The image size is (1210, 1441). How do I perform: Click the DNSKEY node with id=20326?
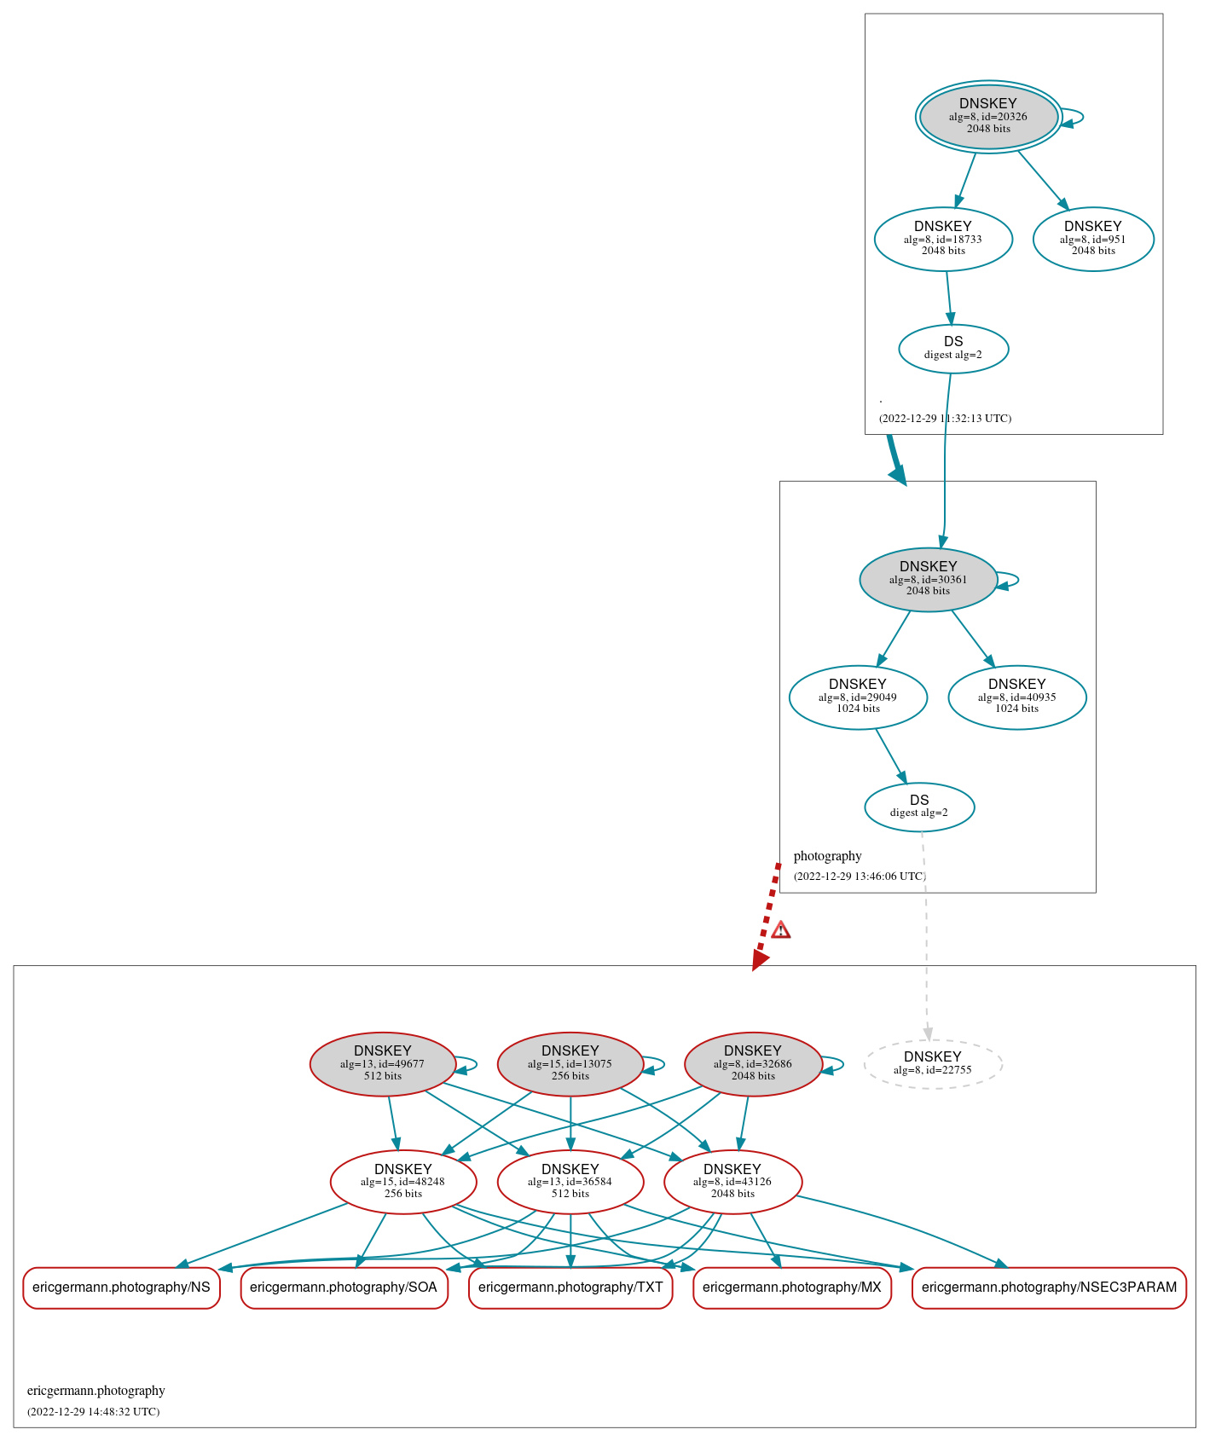pos(988,117)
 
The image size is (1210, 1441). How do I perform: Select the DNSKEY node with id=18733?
pos(943,240)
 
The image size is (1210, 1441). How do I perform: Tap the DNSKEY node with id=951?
pos(1093,240)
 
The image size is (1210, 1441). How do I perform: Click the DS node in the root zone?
pos(953,349)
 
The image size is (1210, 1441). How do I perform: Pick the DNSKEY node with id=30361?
pos(928,580)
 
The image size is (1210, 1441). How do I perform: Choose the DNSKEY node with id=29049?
pos(858,697)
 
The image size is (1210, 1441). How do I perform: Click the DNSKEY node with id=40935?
pos(1017,697)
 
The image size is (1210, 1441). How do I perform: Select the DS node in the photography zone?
pos(919,807)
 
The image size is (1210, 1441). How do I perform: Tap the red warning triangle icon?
pos(780,930)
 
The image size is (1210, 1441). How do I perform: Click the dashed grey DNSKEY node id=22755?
pos(933,1064)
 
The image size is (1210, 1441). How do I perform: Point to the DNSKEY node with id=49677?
pos(383,1064)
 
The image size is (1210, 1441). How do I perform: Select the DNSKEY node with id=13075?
pos(570,1064)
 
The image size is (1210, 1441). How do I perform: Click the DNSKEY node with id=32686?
pos(753,1064)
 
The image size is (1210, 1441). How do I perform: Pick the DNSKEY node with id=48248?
pos(403,1182)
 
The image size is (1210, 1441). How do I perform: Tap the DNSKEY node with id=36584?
pos(570,1182)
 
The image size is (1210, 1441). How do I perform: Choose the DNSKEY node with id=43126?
pos(732,1182)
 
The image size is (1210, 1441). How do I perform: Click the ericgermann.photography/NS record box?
pos(121,1288)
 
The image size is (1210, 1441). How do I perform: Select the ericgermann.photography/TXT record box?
pos(570,1288)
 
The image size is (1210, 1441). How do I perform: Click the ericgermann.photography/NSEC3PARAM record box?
pos(1049,1288)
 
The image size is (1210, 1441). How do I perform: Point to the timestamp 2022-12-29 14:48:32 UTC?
pos(94,1412)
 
